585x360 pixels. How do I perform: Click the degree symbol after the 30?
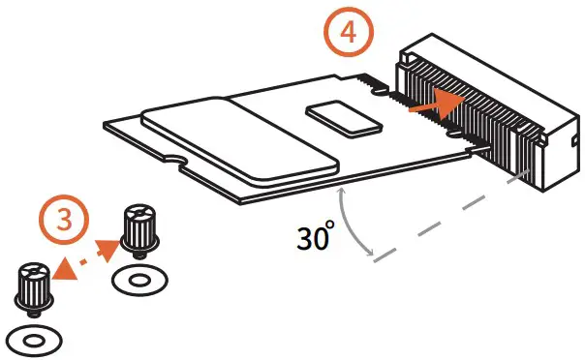tap(331, 225)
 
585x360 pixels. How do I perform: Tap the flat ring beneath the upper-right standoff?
tap(138, 282)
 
